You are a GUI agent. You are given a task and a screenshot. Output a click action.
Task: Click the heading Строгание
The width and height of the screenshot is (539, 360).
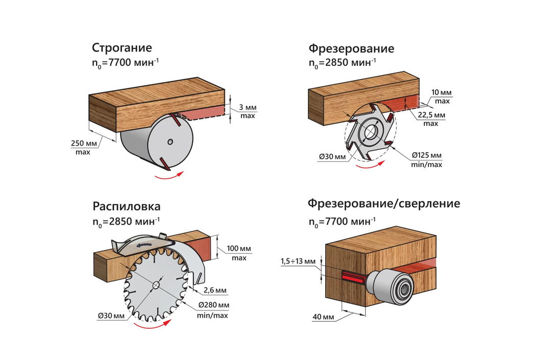(x=122, y=48)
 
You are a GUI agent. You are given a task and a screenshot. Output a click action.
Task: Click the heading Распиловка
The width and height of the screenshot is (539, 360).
(x=127, y=207)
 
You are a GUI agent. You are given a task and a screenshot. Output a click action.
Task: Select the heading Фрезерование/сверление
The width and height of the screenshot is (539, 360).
(x=384, y=204)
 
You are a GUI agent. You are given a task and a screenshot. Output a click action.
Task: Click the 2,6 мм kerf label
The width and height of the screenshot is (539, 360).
(x=214, y=291)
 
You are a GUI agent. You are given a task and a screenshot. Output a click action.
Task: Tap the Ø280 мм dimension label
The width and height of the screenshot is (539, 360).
(x=213, y=305)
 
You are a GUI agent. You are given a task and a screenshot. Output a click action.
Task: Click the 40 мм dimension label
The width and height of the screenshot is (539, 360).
(x=323, y=318)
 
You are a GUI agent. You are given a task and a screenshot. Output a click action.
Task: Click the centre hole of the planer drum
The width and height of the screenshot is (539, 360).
(x=169, y=141)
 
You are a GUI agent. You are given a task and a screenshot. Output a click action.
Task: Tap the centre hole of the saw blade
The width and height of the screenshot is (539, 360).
(x=155, y=284)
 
